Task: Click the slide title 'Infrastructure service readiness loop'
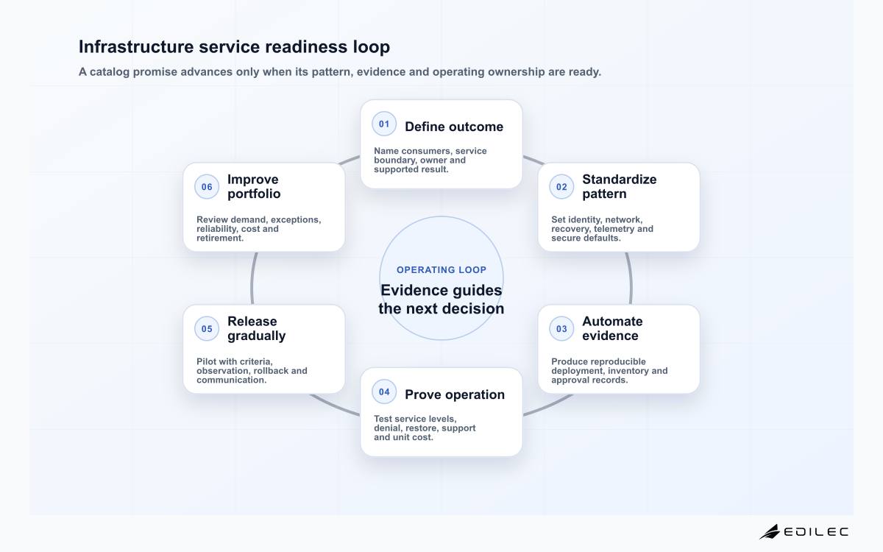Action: click(x=234, y=46)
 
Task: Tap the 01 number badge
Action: click(x=384, y=124)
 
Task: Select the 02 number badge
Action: click(x=561, y=187)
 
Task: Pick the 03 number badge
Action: click(x=561, y=329)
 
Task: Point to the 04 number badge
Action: click(x=384, y=392)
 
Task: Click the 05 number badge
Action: click(x=207, y=329)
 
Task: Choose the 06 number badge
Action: click(x=207, y=187)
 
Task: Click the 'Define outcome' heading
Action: click(x=454, y=127)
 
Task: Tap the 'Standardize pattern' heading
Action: click(x=620, y=186)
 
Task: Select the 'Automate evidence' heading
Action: click(x=612, y=328)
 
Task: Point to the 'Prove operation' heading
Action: click(x=455, y=394)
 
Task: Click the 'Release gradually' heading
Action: click(x=256, y=328)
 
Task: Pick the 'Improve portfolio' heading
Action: click(x=254, y=186)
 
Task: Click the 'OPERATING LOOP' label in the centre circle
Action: click(x=441, y=269)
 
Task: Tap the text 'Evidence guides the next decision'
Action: click(x=441, y=300)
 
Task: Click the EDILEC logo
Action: click(x=804, y=532)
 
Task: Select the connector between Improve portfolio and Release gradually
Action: click(x=252, y=278)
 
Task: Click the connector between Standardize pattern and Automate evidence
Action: click(x=631, y=278)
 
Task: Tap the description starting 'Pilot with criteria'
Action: click(x=252, y=371)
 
